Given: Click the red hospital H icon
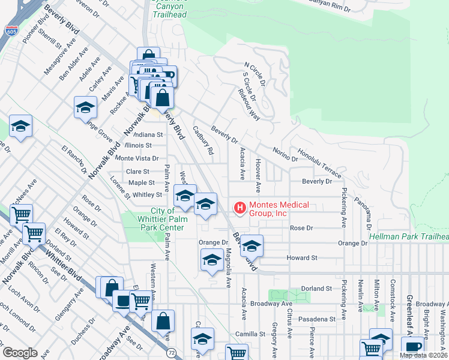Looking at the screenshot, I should [240, 208].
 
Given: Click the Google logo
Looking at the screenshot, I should [20, 352].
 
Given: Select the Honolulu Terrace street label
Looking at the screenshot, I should [319, 163].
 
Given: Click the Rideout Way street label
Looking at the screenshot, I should [248, 104].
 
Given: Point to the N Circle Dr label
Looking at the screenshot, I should [255, 72].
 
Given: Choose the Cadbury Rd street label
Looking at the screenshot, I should [203, 140].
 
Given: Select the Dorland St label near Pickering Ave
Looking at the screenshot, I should [317, 288].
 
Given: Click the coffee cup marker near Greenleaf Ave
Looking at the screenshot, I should [412, 347].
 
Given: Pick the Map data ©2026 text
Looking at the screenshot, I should [424, 355].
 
